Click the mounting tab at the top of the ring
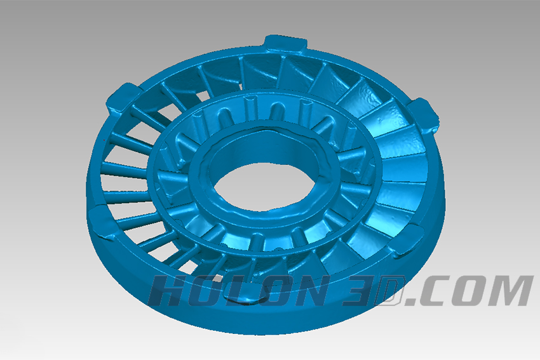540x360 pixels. [285, 44]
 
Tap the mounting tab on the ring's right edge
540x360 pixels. [424, 114]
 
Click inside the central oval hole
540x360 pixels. [264, 186]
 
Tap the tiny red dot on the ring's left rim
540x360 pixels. [104, 140]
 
